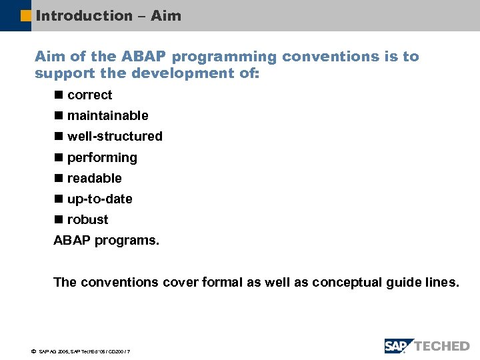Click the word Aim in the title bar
(x=166, y=15)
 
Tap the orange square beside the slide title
(x=26, y=15)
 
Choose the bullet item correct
(x=89, y=95)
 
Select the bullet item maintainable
(x=107, y=116)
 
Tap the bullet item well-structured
(x=115, y=137)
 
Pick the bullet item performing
(x=102, y=158)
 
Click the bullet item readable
(x=94, y=179)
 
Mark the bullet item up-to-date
(x=99, y=199)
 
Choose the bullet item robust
(x=87, y=220)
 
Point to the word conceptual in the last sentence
(x=347, y=283)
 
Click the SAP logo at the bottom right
(x=399, y=345)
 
